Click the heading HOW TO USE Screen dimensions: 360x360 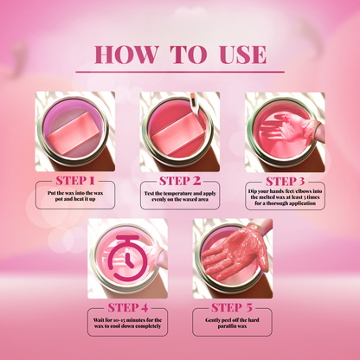179,54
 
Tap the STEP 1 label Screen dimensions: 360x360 75,179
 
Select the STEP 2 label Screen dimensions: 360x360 179,179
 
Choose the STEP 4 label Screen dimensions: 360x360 127,306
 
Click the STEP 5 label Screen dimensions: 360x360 232,306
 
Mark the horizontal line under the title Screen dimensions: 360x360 179,72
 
